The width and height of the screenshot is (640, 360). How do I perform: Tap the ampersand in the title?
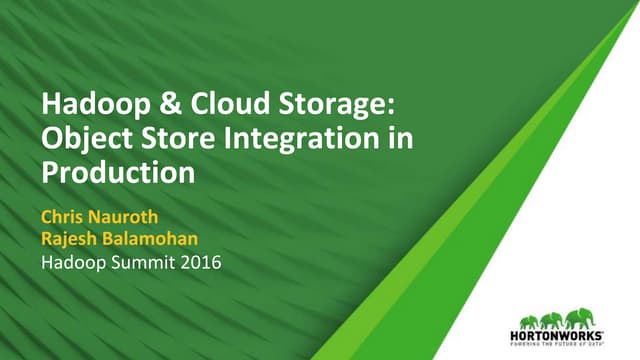pyautogui.click(x=149, y=104)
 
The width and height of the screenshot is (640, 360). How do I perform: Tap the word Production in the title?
pyautogui.click(x=117, y=171)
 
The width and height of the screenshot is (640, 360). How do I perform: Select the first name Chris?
pyautogui.click(x=63, y=215)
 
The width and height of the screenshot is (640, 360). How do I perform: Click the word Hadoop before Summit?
pyautogui.click(x=73, y=264)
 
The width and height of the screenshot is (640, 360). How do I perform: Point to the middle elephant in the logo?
pyautogui.click(x=553, y=321)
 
